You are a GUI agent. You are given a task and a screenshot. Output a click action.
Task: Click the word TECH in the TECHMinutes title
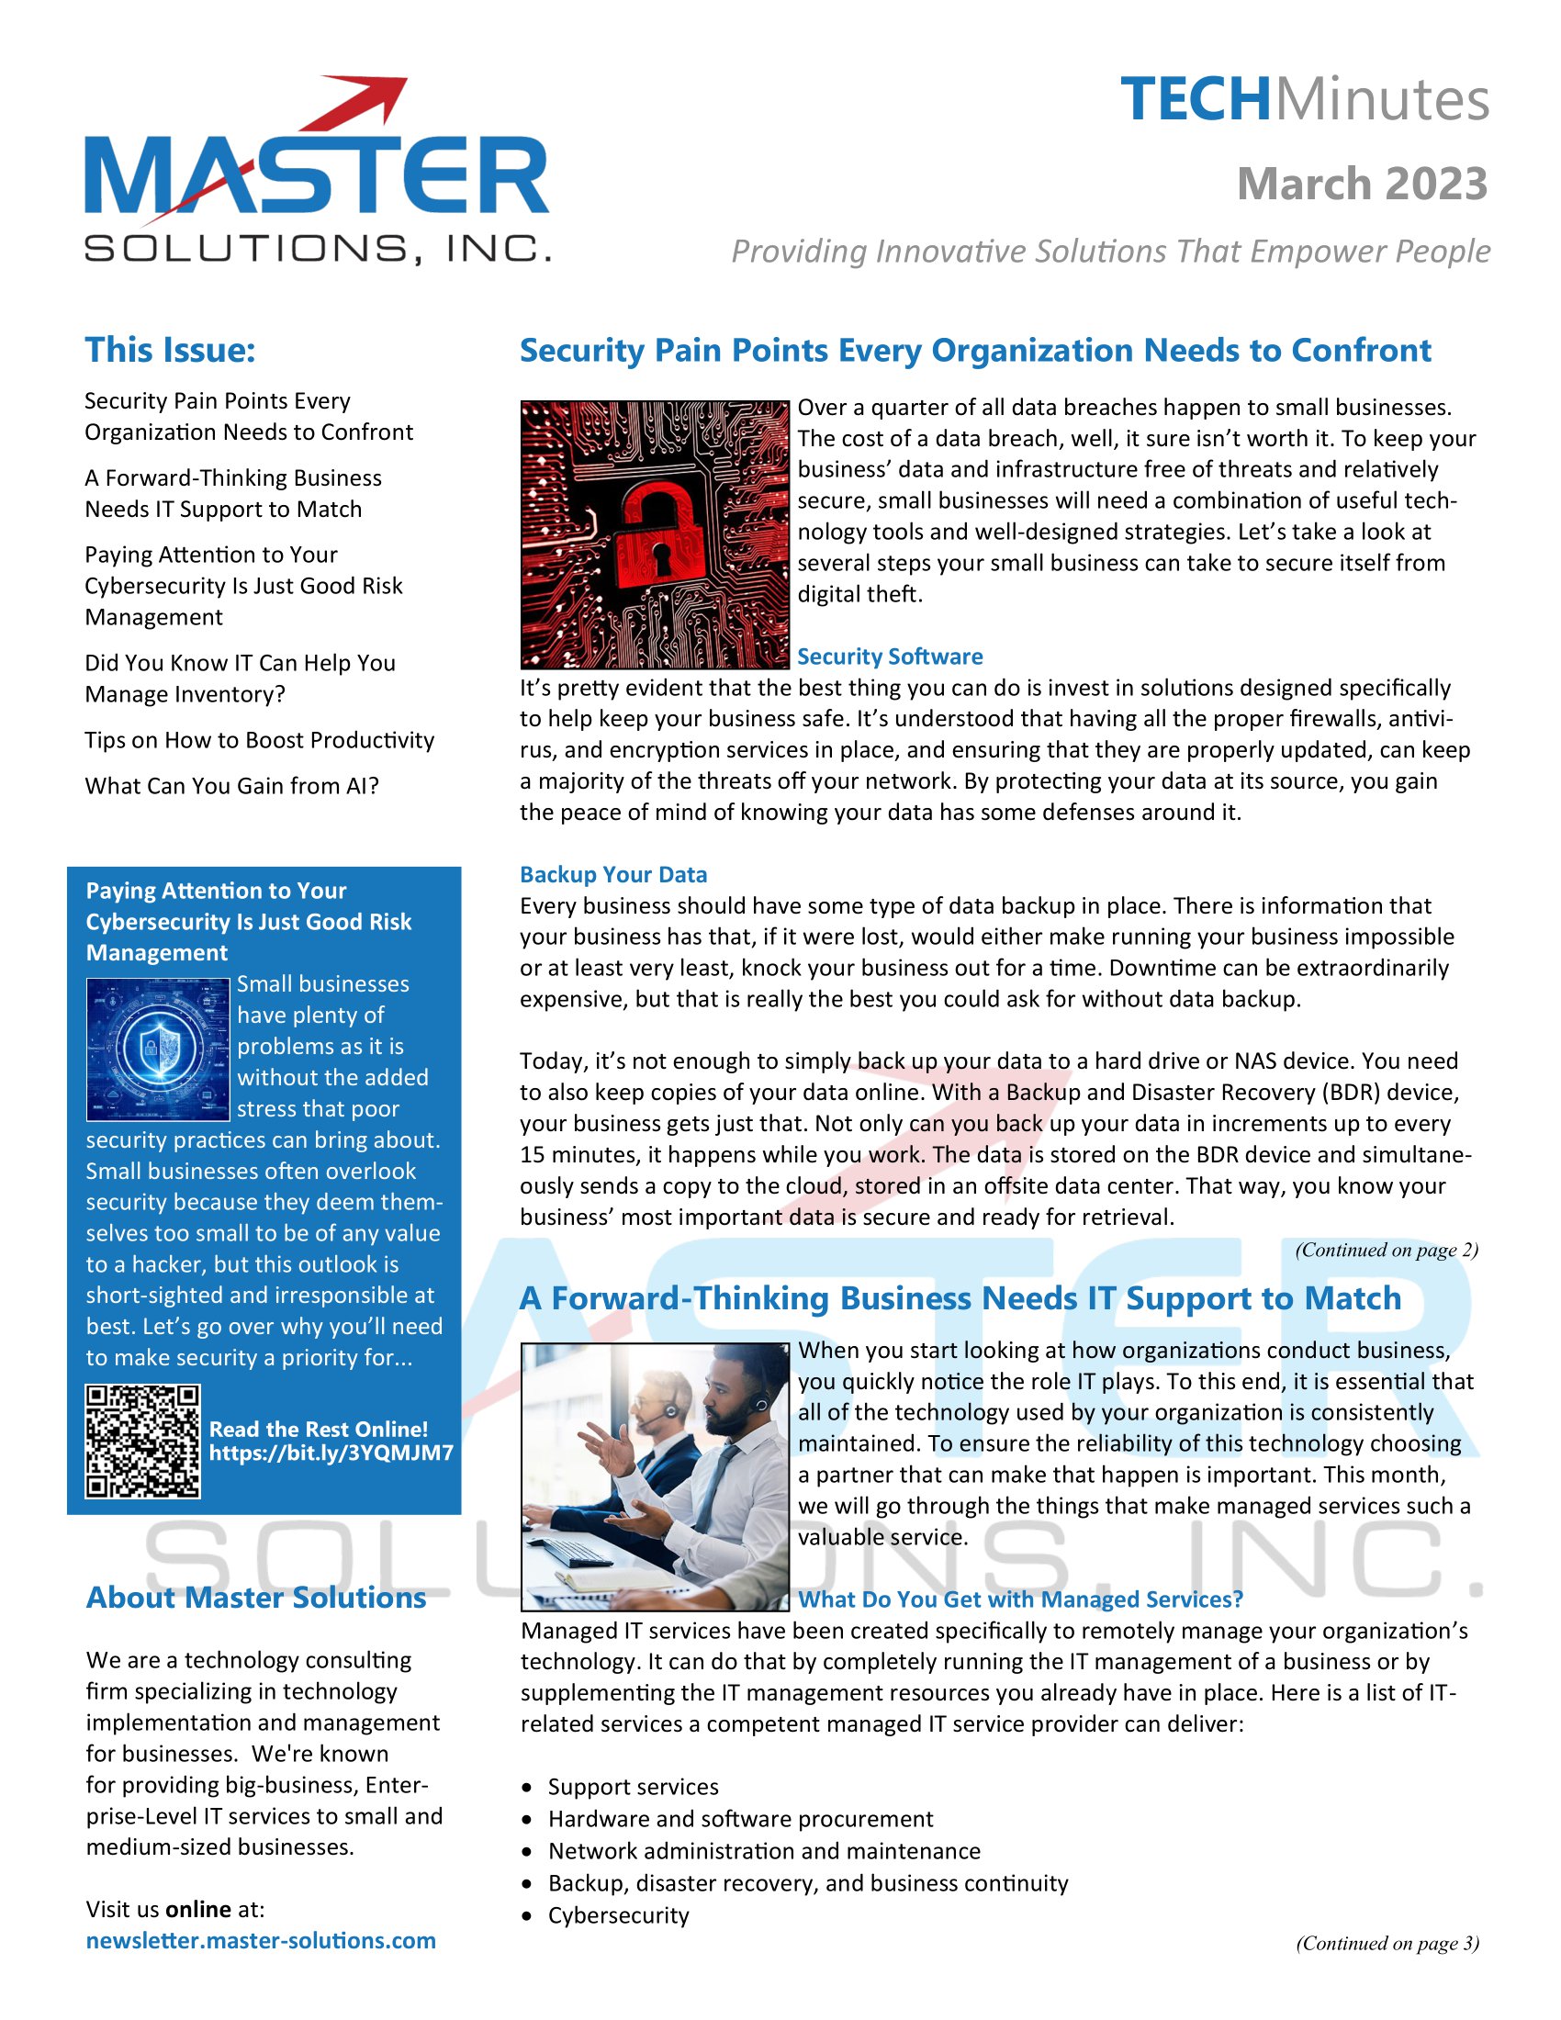pyautogui.click(x=1196, y=100)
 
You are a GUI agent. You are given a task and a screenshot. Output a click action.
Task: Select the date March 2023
pyautogui.click(x=1361, y=184)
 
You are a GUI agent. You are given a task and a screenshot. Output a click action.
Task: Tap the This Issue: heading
pyautogui.click(x=170, y=351)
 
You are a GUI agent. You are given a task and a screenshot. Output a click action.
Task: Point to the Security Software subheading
pyautogui.click(x=890, y=656)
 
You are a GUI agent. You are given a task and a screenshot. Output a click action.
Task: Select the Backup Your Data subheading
pyautogui.click(x=613, y=875)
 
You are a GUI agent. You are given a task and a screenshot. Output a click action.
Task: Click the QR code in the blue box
pyautogui.click(x=142, y=1441)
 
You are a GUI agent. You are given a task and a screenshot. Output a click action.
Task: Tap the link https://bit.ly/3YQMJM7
pyautogui.click(x=331, y=1453)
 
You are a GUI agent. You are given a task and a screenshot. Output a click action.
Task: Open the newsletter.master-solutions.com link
pyautogui.click(x=261, y=1940)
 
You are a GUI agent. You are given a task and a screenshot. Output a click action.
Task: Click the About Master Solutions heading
pyautogui.click(x=256, y=1599)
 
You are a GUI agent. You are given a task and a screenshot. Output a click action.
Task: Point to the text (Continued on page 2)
pyautogui.click(x=1387, y=1251)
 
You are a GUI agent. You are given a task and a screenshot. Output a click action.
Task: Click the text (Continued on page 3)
pyautogui.click(x=1387, y=1943)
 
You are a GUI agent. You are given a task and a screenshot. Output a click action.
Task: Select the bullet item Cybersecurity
pyautogui.click(x=618, y=1915)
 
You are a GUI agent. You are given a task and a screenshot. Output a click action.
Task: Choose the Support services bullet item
pyautogui.click(x=633, y=1787)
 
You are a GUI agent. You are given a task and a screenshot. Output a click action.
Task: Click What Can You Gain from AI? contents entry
pyautogui.click(x=232, y=786)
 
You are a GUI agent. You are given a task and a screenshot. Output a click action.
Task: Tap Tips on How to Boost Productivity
pyautogui.click(x=259, y=740)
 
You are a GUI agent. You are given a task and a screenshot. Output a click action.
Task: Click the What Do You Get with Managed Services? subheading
pyautogui.click(x=1020, y=1599)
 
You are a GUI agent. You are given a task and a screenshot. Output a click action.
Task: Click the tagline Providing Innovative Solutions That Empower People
pyautogui.click(x=1110, y=252)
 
